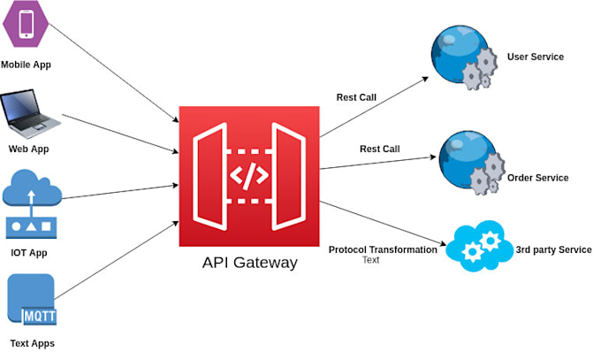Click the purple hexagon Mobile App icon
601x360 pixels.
pos(26,24)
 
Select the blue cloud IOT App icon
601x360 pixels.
pos(32,205)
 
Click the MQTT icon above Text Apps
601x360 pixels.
pos(31,302)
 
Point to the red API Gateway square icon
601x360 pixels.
pos(248,176)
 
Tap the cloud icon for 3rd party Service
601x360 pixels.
pos(476,248)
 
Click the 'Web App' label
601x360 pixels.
pos(28,149)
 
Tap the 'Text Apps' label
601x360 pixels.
pos(31,342)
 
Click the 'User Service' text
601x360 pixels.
pos(535,57)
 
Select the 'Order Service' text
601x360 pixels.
pos(537,178)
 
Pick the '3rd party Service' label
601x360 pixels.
pos(553,250)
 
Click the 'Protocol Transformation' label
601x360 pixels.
pos(383,249)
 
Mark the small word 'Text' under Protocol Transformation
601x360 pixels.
pos(370,260)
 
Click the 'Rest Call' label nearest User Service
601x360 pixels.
pos(356,97)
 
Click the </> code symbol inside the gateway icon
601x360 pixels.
pos(248,174)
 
